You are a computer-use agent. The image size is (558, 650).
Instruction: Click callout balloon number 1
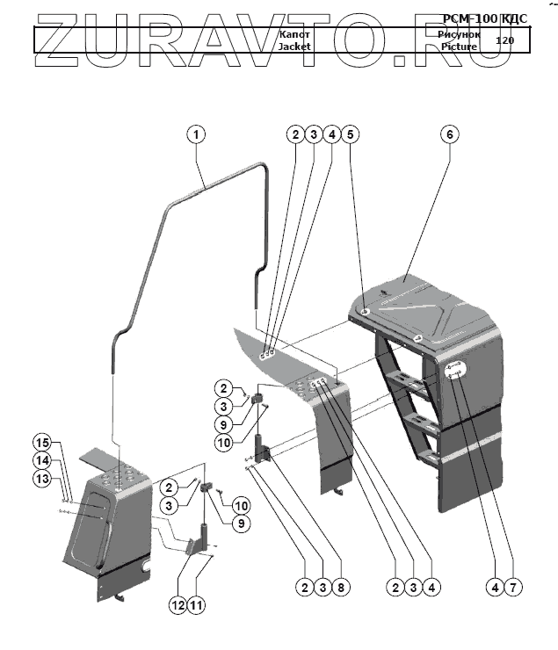click(195, 134)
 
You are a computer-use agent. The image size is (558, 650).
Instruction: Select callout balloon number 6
click(449, 134)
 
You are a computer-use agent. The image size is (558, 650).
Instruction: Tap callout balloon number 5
click(350, 134)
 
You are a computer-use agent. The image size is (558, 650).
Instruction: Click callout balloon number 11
click(198, 604)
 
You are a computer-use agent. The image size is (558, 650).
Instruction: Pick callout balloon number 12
click(178, 604)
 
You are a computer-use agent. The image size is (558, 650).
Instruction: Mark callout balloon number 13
click(42, 478)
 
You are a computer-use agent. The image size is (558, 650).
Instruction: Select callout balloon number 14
click(42, 459)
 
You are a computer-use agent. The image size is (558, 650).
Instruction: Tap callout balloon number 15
click(42, 441)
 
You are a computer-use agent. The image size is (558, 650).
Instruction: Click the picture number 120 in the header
click(504, 40)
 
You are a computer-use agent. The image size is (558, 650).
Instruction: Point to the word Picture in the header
click(459, 47)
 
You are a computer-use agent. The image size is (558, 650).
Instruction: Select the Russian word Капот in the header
click(294, 33)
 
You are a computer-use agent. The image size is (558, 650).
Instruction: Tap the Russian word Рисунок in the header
click(459, 33)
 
